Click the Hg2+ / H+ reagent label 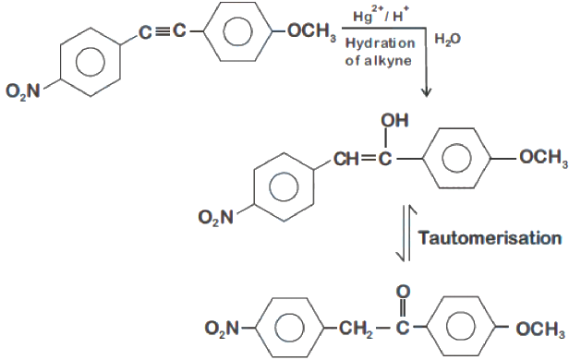click(x=381, y=16)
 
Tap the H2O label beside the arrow click(x=448, y=39)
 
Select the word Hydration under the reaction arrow click(x=380, y=43)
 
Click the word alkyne click(x=388, y=60)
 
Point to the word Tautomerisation click(x=490, y=237)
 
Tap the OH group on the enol click(x=394, y=120)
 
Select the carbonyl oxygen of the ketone click(x=403, y=292)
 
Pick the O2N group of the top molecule click(x=23, y=90)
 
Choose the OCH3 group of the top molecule click(x=312, y=31)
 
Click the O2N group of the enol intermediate click(x=215, y=217)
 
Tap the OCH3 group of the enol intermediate click(x=543, y=158)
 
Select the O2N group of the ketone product click(x=223, y=328)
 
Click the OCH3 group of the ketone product click(x=540, y=329)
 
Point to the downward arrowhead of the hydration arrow click(x=427, y=93)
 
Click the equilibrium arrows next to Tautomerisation click(x=406, y=234)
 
